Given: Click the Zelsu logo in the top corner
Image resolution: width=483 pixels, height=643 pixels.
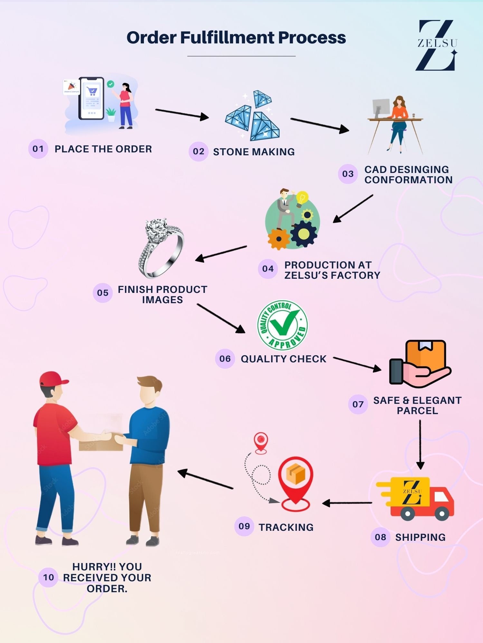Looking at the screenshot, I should click(x=437, y=45).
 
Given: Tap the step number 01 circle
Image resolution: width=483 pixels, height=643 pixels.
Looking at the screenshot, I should click(x=38, y=149).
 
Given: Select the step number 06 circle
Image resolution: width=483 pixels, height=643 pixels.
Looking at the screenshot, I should click(x=225, y=358).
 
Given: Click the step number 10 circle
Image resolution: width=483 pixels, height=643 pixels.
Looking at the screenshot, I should click(x=48, y=577).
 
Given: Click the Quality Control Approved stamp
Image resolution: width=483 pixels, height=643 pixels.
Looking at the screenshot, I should click(x=282, y=325).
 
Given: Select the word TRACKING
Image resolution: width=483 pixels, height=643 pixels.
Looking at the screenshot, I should click(x=286, y=527).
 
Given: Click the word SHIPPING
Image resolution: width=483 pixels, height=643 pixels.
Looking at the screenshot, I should click(x=420, y=537).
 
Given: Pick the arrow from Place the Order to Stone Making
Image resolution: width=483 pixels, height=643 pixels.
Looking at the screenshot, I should click(x=182, y=113).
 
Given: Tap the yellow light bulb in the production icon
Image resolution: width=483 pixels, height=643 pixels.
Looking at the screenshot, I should click(x=302, y=198).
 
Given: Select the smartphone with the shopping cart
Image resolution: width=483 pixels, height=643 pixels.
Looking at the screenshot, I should click(x=91, y=98).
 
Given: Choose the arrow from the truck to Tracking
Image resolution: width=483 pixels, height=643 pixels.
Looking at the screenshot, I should click(x=347, y=503).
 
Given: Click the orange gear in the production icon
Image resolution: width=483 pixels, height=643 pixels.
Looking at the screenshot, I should click(x=278, y=239).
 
